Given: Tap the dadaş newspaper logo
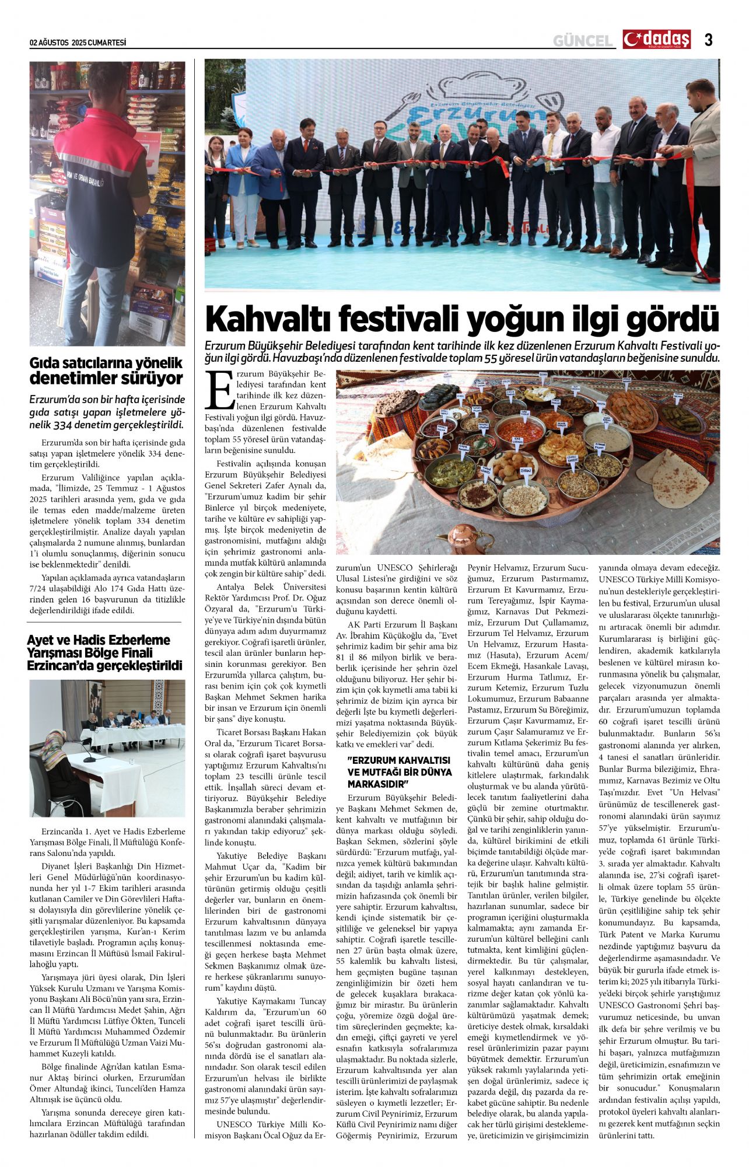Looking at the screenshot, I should (657, 39).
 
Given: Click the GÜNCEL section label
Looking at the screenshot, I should (583, 40).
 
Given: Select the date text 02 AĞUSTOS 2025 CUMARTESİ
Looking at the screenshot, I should (78, 43).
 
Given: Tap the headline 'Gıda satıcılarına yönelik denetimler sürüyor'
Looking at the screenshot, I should (106, 371).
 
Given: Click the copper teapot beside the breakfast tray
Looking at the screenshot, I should (464, 536).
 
